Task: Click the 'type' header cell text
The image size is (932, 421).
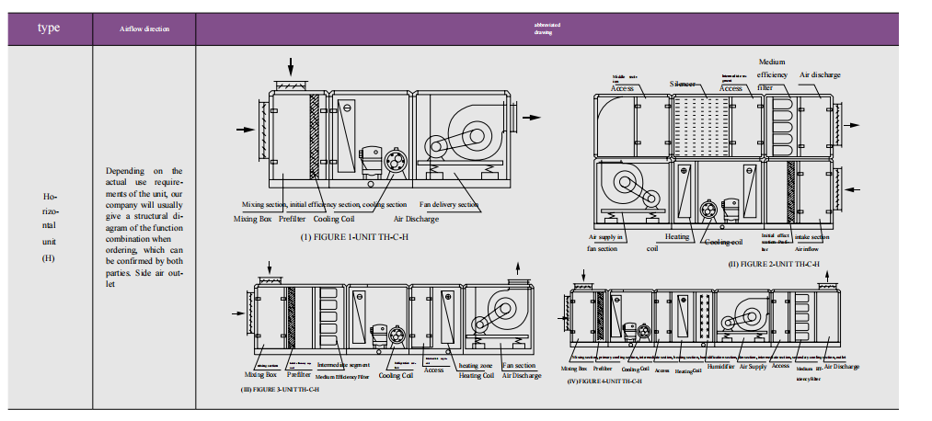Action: click(x=49, y=28)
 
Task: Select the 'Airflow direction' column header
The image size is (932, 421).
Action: click(x=144, y=28)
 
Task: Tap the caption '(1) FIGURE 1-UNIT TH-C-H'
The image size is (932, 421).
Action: click(x=357, y=236)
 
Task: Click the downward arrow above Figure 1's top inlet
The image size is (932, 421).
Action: click(x=292, y=67)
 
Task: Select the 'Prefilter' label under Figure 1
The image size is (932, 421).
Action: click(x=292, y=219)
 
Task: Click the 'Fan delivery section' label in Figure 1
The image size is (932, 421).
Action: click(x=449, y=204)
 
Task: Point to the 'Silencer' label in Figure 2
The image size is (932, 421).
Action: click(x=684, y=83)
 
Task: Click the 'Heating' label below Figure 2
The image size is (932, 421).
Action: click(x=677, y=237)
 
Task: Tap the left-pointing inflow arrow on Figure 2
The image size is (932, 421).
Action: click(x=855, y=189)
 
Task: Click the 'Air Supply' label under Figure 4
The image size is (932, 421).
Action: click(x=753, y=367)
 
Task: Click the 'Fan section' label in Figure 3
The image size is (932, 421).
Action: click(x=519, y=365)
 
